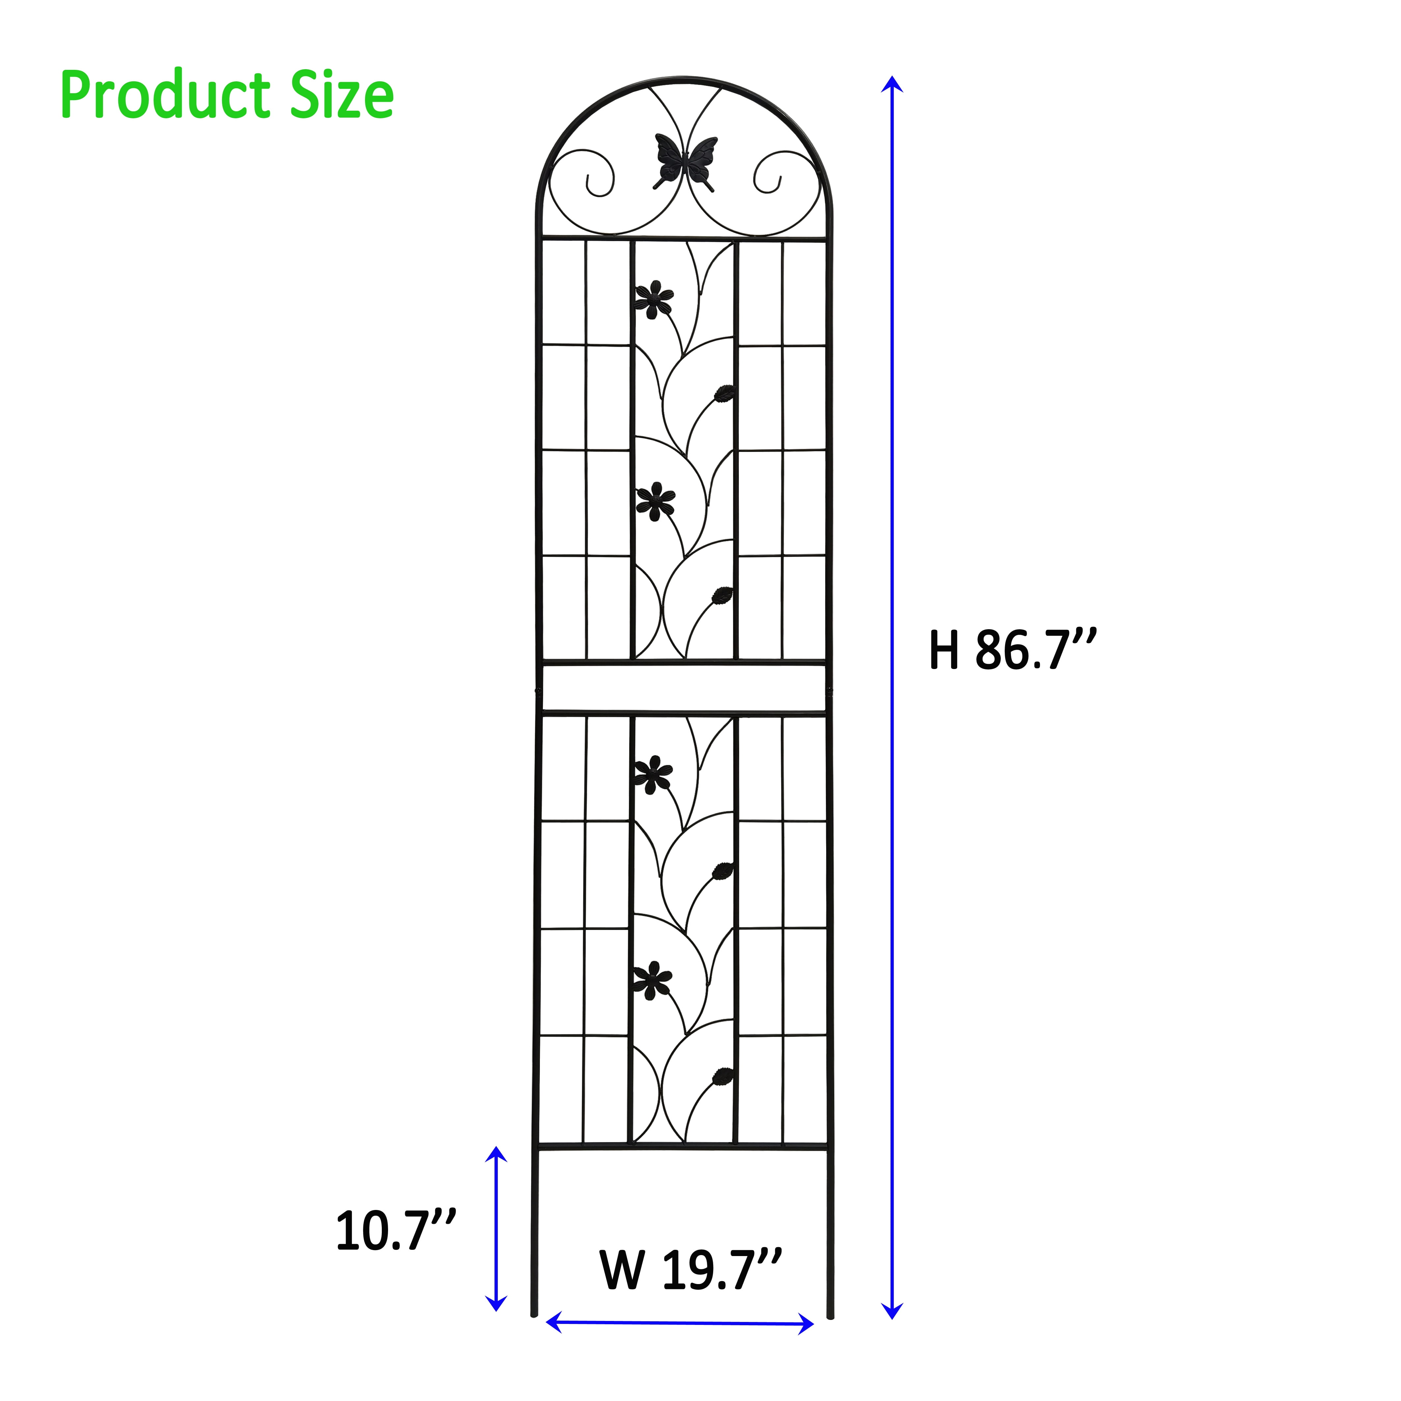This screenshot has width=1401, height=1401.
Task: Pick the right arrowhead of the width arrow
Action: [806, 1324]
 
